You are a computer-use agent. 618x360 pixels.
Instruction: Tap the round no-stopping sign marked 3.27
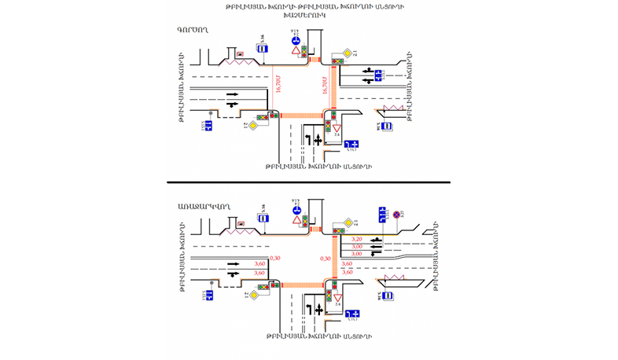397,214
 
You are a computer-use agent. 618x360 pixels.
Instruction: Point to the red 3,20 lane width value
355,239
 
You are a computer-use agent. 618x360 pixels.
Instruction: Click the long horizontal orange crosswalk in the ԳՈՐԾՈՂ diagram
300,114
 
